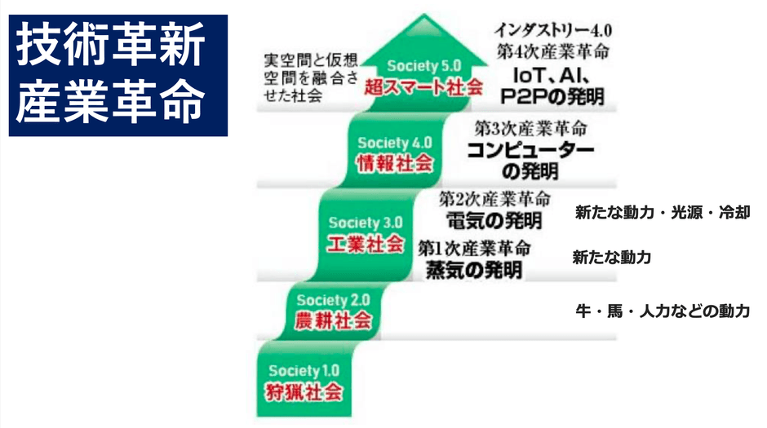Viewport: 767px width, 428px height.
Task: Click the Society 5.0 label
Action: pos(424,66)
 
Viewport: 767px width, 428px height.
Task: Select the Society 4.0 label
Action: pos(395,143)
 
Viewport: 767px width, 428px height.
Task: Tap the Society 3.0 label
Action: pos(366,223)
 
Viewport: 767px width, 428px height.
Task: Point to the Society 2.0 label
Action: pos(333,300)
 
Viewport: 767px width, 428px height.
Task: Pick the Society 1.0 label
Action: pos(304,371)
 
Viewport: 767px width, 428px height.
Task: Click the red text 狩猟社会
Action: pos(304,392)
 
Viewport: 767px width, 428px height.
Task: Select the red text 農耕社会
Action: pos(333,321)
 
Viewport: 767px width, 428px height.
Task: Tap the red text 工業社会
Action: pos(366,244)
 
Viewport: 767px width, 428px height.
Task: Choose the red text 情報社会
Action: pos(395,164)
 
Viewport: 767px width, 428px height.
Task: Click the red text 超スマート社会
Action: pos(423,87)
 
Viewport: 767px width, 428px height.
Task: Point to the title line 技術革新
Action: pos(110,46)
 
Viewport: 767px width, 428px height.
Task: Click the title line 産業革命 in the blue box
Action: pos(110,101)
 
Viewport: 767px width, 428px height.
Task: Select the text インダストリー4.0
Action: pos(552,30)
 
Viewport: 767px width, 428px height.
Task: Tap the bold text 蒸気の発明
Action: pos(474,270)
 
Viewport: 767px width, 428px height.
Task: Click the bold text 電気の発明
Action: pos(494,220)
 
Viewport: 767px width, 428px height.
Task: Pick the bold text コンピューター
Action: pos(530,150)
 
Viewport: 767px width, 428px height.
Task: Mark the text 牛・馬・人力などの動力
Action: pos(663,311)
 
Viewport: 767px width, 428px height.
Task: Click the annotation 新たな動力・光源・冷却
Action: pos(663,213)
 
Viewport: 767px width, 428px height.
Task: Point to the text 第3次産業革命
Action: pos(530,129)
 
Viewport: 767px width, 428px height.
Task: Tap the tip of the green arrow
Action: pos(423,14)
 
